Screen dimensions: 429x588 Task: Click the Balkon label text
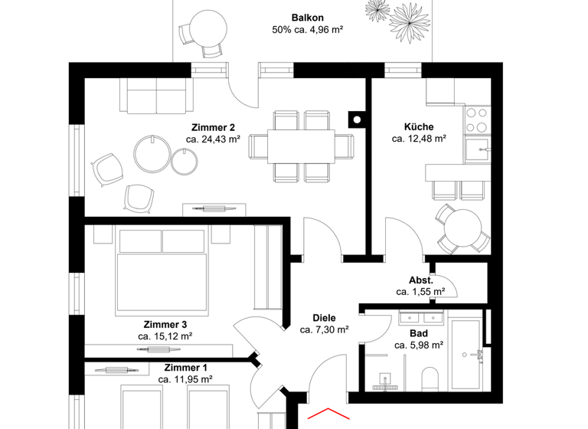point(305,18)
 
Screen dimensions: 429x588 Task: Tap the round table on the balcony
point(208,28)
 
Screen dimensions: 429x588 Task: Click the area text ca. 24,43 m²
point(213,139)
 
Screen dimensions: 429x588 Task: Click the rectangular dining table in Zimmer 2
point(301,146)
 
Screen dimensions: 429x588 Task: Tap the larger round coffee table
point(153,153)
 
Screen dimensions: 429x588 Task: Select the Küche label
point(419,127)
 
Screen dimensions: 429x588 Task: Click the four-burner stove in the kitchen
point(476,120)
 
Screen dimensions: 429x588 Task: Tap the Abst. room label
point(420,280)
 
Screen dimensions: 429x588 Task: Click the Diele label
point(324,317)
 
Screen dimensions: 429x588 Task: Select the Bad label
point(419,333)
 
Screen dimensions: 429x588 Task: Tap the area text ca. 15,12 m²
point(165,336)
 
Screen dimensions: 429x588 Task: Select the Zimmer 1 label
point(185,367)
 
